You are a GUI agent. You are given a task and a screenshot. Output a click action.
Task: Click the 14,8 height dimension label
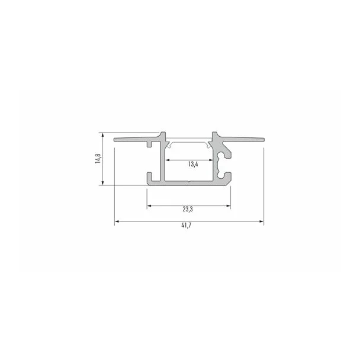click(x=98, y=159)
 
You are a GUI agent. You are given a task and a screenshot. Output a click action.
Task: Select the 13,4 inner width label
click(x=193, y=164)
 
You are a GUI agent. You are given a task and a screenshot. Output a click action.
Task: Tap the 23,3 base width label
click(x=188, y=209)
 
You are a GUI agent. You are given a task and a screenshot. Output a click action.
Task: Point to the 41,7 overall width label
click(x=186, y=225)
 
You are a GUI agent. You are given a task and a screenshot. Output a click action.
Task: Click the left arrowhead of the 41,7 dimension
click(x=117, y=221)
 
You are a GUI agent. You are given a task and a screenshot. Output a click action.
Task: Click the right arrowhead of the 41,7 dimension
click(x=261, y=221)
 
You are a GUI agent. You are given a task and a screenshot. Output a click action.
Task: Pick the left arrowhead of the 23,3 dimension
click(x=149, y=205)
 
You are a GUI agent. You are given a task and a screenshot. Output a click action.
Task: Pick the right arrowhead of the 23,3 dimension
click(x=228, y=205)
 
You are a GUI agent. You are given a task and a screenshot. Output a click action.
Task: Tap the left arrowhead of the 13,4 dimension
click(x=168, y=160)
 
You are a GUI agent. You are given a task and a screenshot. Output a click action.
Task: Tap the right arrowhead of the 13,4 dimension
click(x=211, y=160)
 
